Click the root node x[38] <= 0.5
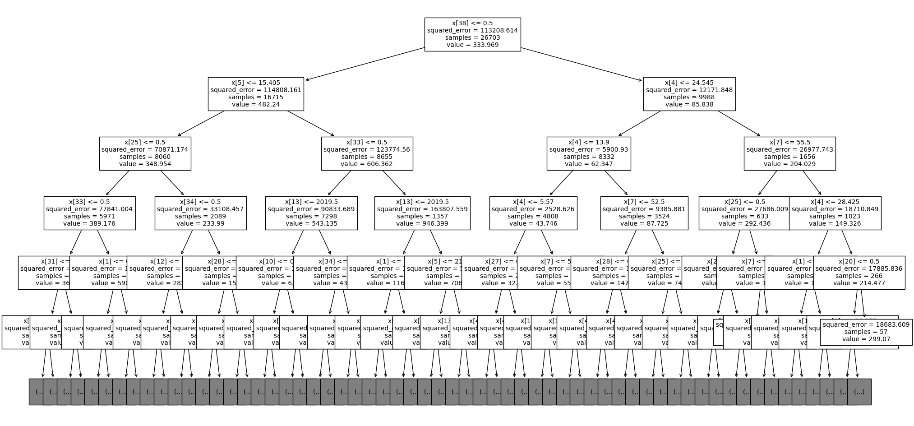(x=472, y=34)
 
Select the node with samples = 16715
(x=256, y=94)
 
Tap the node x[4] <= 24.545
(x=689, y=94)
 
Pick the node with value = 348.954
(x=145, y=153)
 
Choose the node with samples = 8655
(x=367, y=153)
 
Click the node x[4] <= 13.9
(x=588, y=153)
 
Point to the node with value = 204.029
(x=789, y=153)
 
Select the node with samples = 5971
(x=89, y=213)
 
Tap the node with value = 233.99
(x=200, y=213)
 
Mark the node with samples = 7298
(x=311, y=213)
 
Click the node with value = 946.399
(x=422, y=213)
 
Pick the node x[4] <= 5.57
(x=533, y=213)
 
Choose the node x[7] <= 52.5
(x=644, y=213)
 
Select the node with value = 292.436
(x=744, y=213)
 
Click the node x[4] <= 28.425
(x=835, y=213)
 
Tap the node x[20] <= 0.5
(x=859, y=273)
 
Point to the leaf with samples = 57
(x=866, y=332)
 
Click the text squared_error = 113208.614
(x=472, y=31)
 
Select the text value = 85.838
(x=689, y=104)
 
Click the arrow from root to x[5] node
(x=365, y=64)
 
